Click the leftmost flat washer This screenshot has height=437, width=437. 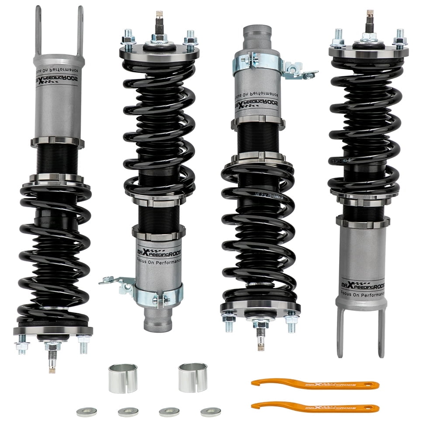click(87, 412)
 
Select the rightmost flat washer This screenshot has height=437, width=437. click(211, 412)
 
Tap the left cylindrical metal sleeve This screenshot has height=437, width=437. click(123, 378)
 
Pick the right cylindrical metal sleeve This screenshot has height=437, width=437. click(193, 377)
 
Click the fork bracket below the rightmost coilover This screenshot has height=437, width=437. click(361, 330)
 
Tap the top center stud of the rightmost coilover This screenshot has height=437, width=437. click(370, 20)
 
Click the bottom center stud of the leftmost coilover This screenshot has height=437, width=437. click(53, 358)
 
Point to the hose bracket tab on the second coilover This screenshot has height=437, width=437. click(114, 281)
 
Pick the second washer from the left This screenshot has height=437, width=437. click(128, 412)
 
